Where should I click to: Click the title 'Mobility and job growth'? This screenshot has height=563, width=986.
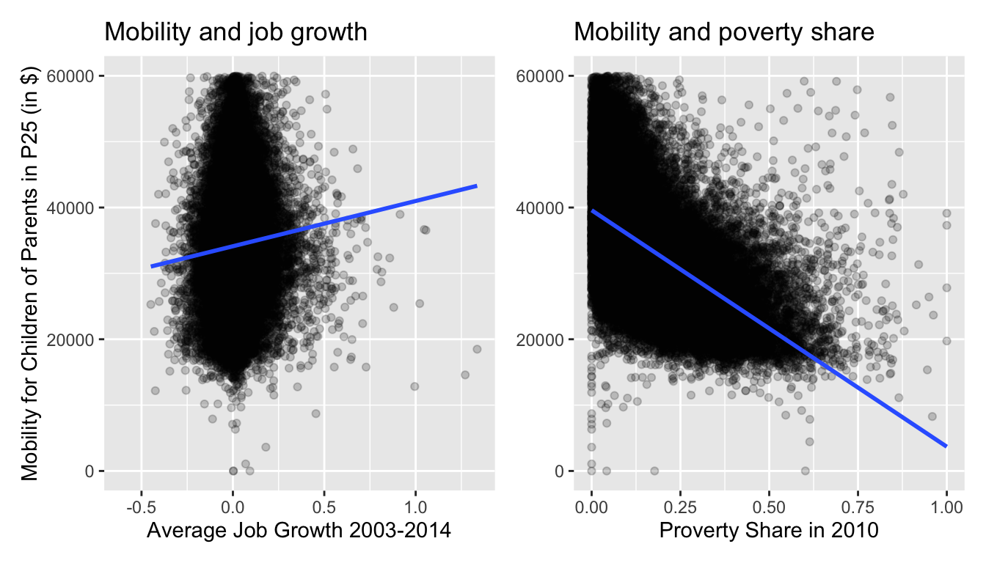tap(235, 32)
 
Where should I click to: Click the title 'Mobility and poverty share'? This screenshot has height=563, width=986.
tap(723, 32)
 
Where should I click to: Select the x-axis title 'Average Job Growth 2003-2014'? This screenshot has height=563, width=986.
tap(299, 531)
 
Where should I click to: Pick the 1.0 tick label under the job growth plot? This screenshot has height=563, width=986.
tap(415, 507)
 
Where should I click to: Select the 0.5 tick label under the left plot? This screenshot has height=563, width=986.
tap(324, 507)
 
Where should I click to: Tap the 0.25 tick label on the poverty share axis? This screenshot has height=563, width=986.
tap(680, 507)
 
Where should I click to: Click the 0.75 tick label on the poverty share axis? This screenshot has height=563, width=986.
tap(858, 507)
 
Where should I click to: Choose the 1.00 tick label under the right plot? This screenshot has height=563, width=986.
tap(946, 507)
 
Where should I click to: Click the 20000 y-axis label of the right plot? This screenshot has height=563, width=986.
tap(542, 339)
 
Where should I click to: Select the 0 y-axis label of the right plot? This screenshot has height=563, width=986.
tap(559, 471)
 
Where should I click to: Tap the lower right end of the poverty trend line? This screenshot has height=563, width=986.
tap(945, 445)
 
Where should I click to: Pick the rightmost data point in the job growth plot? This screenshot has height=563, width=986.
tap(477, 349)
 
